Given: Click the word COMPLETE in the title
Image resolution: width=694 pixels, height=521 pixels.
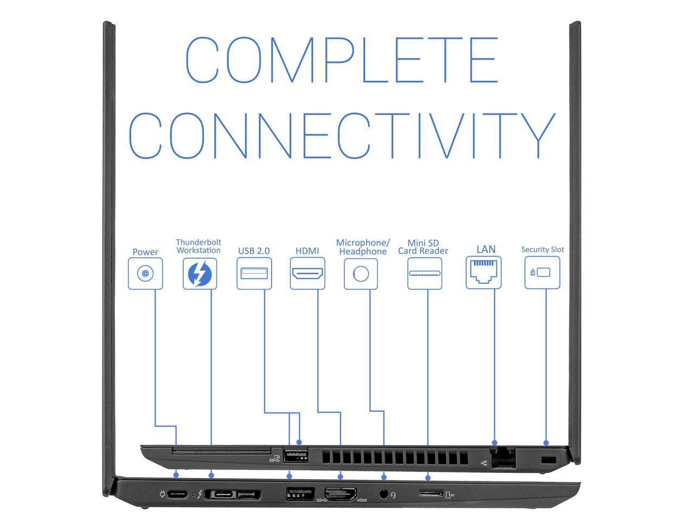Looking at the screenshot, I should pyautogui.click(x=342, y=60).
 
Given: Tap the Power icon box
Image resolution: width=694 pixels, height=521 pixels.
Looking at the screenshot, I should pyautogui.click(x=145, y=273).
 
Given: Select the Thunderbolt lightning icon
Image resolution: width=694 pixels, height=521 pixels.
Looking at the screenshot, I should pyautogui.click(x=200, y=273).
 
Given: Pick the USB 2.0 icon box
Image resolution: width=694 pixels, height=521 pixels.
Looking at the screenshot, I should pyautogui.click(x=254, y=273).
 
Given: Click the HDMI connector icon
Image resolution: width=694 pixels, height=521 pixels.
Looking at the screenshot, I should pyautogui.click(x=307, y=273).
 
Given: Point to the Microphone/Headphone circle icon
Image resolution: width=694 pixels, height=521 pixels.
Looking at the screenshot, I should pyautogui.click(x=361, y=273).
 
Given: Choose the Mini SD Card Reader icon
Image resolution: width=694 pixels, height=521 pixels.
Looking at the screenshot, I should pyautogui.click(x=425, y=273).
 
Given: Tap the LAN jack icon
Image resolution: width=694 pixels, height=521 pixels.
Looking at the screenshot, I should pyautogui.click(x=483, y=272).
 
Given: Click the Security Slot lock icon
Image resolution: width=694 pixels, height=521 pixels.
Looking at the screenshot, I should pyautogui.click(x=542, y=272).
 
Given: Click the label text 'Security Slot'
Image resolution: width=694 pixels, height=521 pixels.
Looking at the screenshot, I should pyautogui.click(x=542, y=250).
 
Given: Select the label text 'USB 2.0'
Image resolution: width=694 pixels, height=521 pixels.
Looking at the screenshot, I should pyautogui.click(x=254, y=251).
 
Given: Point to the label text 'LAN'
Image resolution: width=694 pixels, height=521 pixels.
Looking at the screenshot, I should pyautogui.click(x=486, y=249).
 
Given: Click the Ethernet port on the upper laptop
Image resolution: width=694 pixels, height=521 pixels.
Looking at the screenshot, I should pyautogui.click(x=503, y=459).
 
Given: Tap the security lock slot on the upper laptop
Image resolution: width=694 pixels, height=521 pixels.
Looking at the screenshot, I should pyautogui.click(x=549, y=460).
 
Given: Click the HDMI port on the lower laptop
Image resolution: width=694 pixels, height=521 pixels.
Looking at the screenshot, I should pyautogui.click(x=340, y=494).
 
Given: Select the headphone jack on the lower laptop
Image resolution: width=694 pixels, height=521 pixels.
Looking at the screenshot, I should pyautogui.click(x=384, y=494).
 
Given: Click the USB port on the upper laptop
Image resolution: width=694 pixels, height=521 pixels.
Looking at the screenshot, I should pyautogui.click(x=295, y=456).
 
